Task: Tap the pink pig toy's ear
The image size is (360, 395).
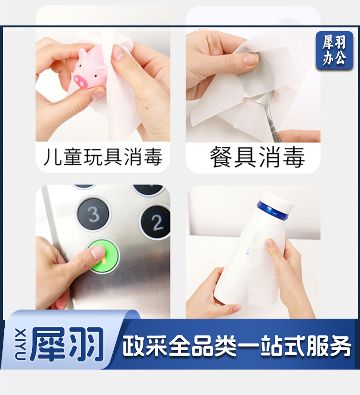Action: [x=83, y=54]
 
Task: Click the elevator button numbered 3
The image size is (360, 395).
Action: [x=94, y=214]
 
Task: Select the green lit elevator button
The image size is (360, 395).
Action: [x=103, y=256]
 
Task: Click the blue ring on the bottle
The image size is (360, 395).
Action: [x=272, y=211]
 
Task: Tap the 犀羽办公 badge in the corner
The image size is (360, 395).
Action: [x=335, y=50]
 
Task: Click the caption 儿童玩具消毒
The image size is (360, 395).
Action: [x=103, y=157]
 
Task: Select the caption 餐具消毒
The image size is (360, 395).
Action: [x=257, y=157]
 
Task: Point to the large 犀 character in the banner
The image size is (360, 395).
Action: [x=48, y=344]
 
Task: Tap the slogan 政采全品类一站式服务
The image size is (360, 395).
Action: [x=237, y=346]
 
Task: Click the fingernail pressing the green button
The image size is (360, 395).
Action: [x=98, y=252]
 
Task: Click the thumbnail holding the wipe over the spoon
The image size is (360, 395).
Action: [x=251, y=60]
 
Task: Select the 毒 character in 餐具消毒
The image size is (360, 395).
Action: [x=293, y=157]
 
